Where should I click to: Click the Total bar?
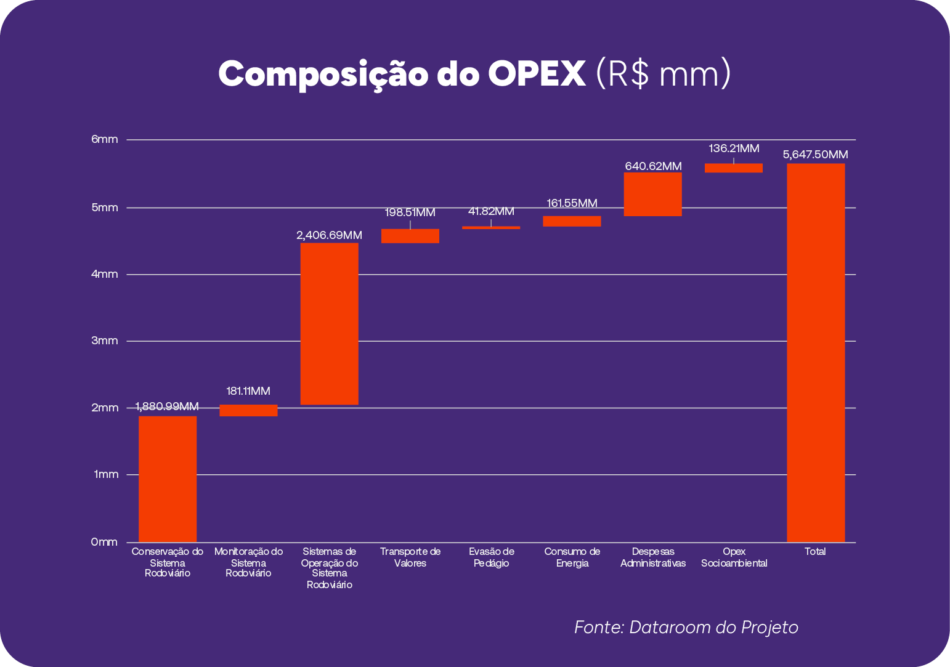click(815, 352)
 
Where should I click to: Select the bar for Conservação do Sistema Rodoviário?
click(168, 479)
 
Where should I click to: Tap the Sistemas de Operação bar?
click(329, 323)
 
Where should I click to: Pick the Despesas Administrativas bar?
click(652, 194)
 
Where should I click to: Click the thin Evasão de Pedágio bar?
click(491, 227)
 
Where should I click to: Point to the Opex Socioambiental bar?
click(733, 168)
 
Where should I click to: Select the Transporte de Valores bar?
click(410, 236)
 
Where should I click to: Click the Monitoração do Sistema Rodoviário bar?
click(248, 410)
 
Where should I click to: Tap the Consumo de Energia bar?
click(572, 221)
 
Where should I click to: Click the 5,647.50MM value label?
click(815, 155)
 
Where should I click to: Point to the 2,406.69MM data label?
click(329, 235)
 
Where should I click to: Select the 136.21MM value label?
click(734, 148)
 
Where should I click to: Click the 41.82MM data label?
click(491, 212)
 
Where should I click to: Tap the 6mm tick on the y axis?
click(105, 140)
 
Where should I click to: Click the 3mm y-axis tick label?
click(105, 341)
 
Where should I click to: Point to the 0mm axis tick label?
click(104, 542)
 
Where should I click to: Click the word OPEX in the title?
click(537, 74)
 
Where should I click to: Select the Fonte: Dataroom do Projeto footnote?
click(686, 627)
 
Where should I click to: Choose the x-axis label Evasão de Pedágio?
click(491, 557)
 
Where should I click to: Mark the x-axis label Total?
click(815, 552)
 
